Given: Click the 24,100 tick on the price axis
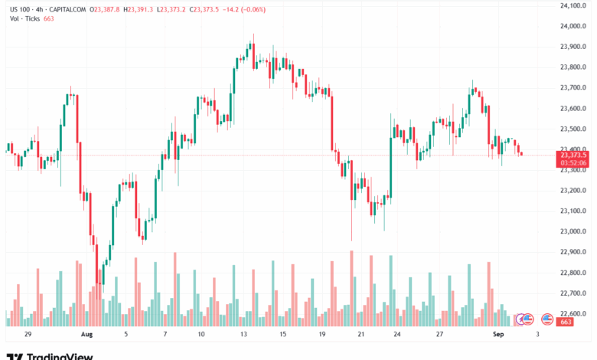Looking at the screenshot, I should (x=573, y=5).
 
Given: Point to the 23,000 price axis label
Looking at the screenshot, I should (x=573, y=231).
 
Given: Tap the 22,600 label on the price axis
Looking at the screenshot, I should (x=573, y=313).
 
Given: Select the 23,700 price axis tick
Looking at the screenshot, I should (x=573, y=87).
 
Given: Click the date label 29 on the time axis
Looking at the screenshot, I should (x=28, y=335).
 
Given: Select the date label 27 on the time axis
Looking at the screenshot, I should (x=440, y=335).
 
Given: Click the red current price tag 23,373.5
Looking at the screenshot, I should (x=573, y=155).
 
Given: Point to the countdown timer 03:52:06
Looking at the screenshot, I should (x=573, y=162).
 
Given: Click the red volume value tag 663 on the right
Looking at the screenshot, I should (x=566, y=322).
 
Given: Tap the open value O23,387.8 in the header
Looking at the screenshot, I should (x=106, y=9).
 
